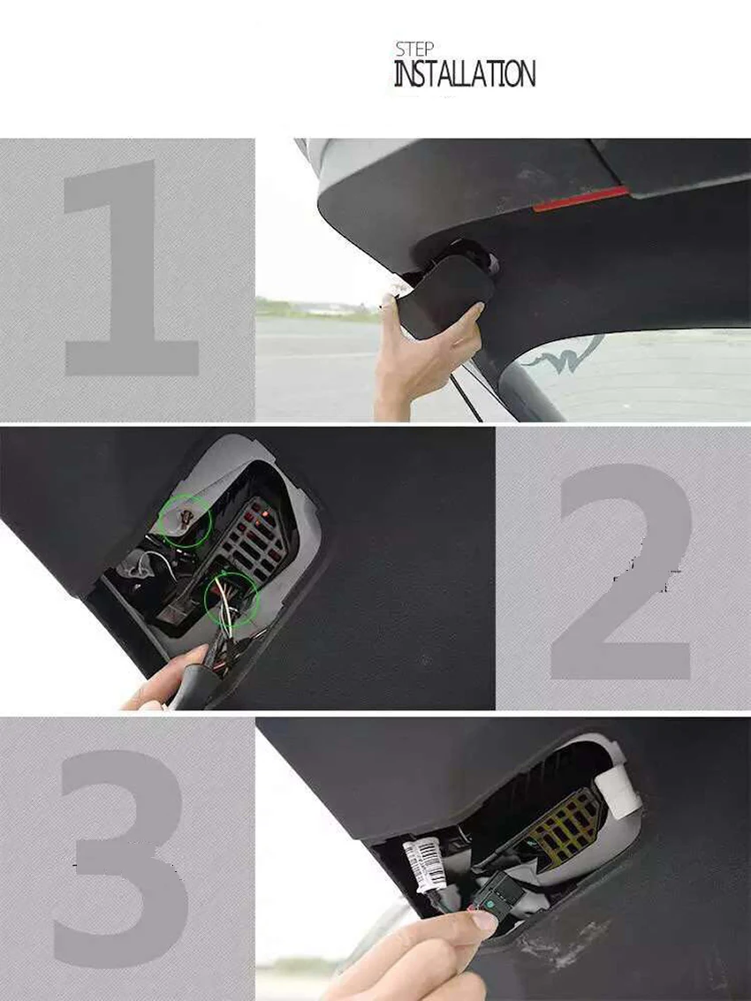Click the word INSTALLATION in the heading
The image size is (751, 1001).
coord(464,74)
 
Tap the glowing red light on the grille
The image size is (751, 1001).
coord(256,517)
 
